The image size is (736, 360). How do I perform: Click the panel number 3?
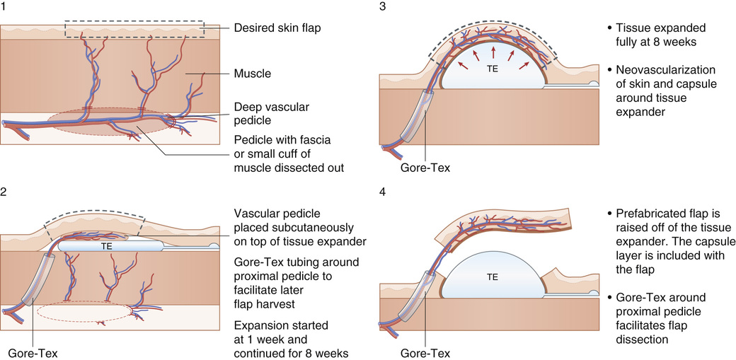coord(382,6)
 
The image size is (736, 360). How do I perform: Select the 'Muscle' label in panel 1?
coord(252,72)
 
